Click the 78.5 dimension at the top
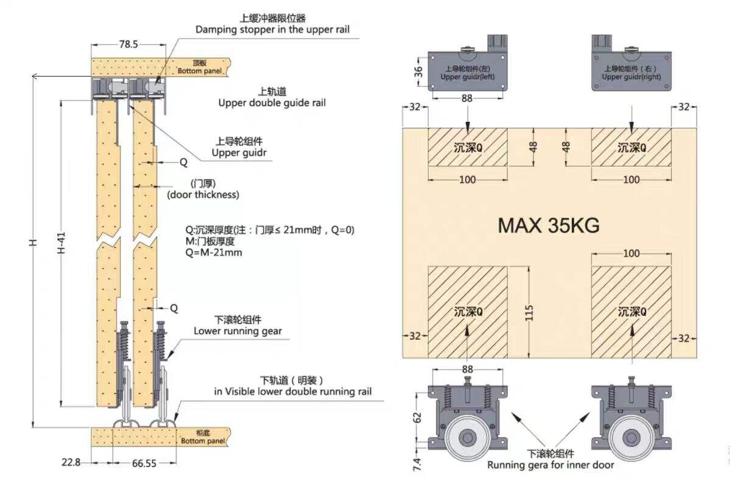click(x=128, y=44)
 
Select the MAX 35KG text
click(x=549, y=225)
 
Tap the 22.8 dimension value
click(x=71, y=462)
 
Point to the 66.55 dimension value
click(x=144, y=463)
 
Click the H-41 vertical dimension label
click(x=61, y=243)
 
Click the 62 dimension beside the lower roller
click(x=417, y=418)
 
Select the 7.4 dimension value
click(x=417, y=464)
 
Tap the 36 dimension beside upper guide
click(x=419, y=72)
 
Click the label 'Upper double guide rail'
click(x=272, y=103)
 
